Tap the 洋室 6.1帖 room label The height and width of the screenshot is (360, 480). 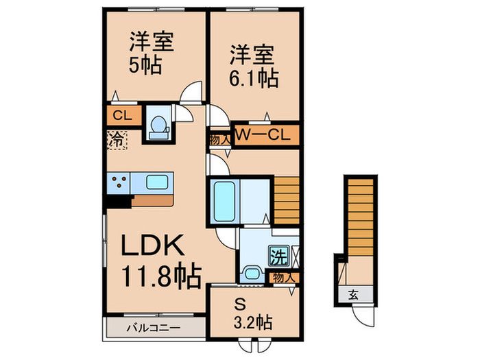(253, 65)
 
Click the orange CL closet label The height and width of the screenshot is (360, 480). (123, 115)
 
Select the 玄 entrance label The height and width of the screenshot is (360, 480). (354, 296)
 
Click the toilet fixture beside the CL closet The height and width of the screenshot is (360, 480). (158, 124)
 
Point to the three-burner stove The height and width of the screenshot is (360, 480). (119, 183)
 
